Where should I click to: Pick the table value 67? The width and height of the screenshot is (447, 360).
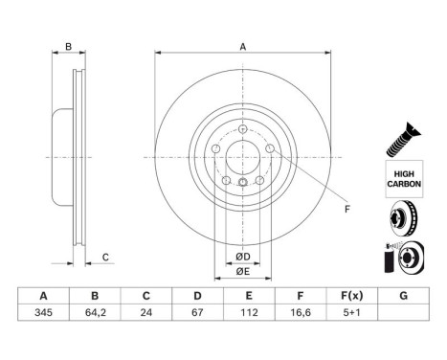tap(196, 312)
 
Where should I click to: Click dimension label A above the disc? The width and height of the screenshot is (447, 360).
tap(243, 47)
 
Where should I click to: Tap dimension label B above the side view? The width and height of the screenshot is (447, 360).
tap(67, 47)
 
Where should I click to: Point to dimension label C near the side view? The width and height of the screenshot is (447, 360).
tap(106, 256)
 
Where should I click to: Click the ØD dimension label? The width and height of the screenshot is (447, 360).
tap(243, 256)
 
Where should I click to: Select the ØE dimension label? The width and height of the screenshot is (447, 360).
tap(243, 271)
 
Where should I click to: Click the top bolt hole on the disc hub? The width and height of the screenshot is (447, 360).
tap(243, 130)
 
